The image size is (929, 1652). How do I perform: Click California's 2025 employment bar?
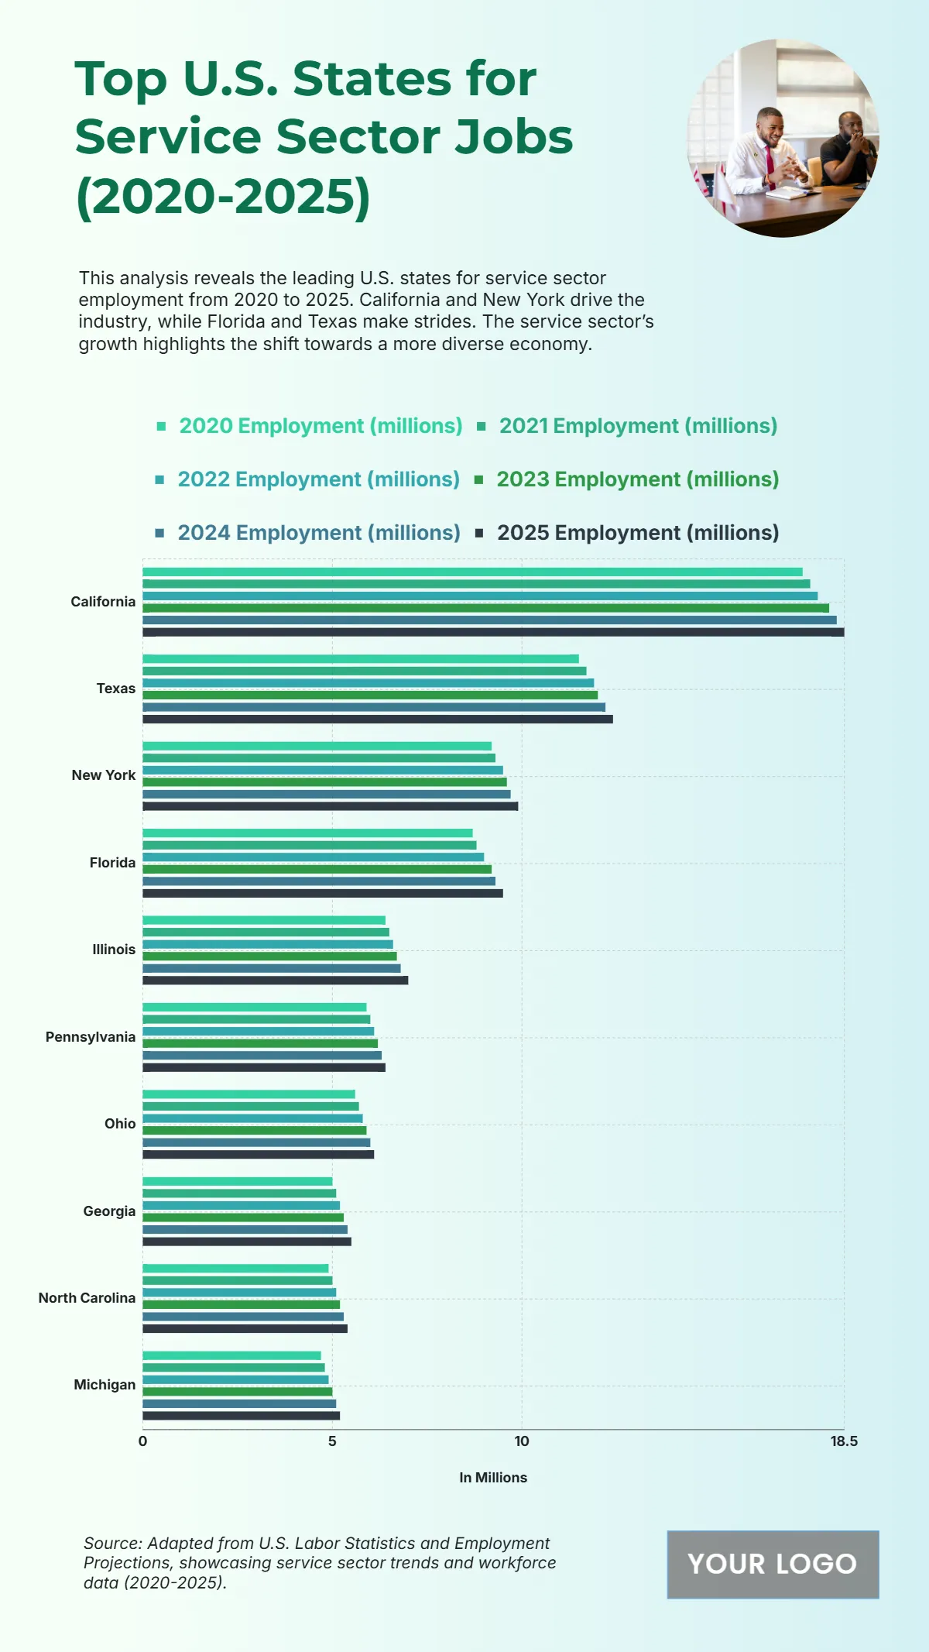point(493,632)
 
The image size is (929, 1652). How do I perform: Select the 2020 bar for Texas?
point(361,659)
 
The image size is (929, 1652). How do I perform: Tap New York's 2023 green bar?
point(324,782)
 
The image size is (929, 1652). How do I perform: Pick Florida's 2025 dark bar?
point(323,893)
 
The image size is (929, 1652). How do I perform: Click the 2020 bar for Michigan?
point(231,1355)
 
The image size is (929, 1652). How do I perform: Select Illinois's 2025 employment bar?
point(275,981)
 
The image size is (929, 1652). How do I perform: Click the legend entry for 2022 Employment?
point(318,479)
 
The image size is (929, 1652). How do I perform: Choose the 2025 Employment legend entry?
point(637,533)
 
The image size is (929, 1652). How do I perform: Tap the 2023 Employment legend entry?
point(637,479)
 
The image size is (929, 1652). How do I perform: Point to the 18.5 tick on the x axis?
point(844,1441)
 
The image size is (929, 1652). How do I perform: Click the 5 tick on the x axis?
point(332,1441)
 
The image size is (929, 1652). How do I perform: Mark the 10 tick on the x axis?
point(522,1441)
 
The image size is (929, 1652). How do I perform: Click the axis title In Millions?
point(493,1478)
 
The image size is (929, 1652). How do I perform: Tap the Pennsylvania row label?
point(91,1037)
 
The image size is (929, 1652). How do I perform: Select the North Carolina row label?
point(87,1298)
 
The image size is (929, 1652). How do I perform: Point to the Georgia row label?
point(109,1211)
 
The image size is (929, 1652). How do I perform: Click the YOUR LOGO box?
point(773,1564)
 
